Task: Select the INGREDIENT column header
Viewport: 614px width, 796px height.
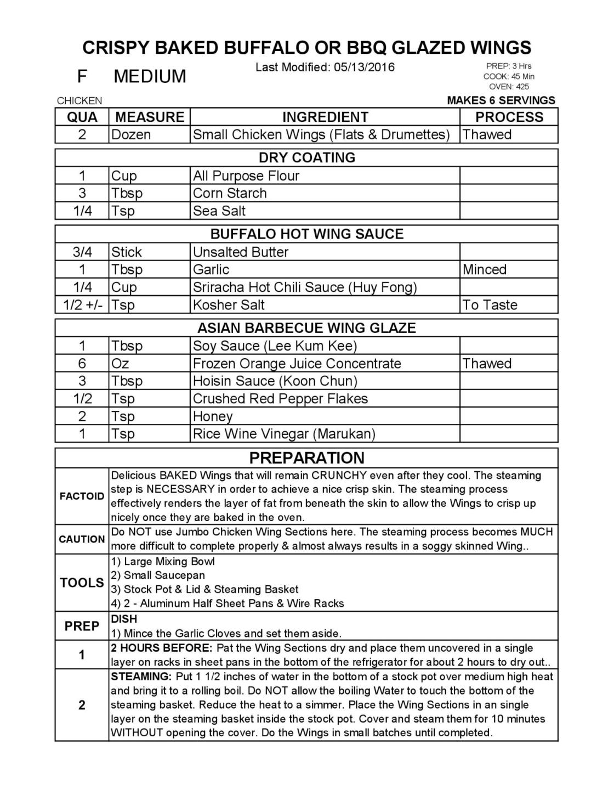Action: click(x=325, y=117)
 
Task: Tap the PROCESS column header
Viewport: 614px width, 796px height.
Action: click(x=509, y=117)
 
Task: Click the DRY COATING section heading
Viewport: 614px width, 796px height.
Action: click(x=306, y=157)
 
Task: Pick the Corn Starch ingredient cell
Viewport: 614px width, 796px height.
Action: click(x=230, y=193)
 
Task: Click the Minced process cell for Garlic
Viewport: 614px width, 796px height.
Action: click(x=484, y=269)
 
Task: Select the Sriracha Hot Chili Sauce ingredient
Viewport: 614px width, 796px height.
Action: click(x=305, y=287)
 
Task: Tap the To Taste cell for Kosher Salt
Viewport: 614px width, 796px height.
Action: click(x=490, y=304)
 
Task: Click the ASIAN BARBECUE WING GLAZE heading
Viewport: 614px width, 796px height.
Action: click(x=306, y=328)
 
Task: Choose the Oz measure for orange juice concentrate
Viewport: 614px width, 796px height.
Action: click(x=120, y=363)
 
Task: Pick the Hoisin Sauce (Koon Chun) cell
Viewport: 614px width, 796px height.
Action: click(x=275, y=381)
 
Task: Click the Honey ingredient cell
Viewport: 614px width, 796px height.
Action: click(x=213, y=416)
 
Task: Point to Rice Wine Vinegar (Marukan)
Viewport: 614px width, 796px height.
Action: click(x=284, y=434)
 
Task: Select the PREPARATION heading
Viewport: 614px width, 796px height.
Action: click(x=306, y=458)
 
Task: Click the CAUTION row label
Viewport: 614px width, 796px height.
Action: click(x=82, y=539)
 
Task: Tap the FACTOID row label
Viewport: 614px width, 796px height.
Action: click(x=82, y=496)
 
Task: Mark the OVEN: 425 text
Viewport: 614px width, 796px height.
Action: click(x=509, y=86)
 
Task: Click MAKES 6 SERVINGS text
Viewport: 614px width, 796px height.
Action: click(x=501, y=100)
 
